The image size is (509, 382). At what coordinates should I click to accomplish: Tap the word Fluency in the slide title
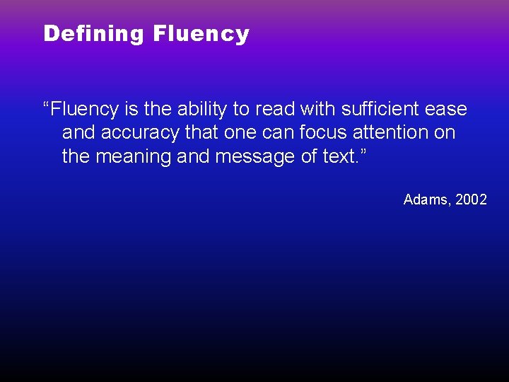201,33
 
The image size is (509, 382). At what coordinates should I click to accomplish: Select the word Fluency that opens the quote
80,109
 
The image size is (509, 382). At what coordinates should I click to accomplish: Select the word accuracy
132,132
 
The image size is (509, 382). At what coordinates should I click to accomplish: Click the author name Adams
425,199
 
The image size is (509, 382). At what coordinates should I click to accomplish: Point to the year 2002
471,199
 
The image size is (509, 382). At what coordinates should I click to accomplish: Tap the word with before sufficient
315,109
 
